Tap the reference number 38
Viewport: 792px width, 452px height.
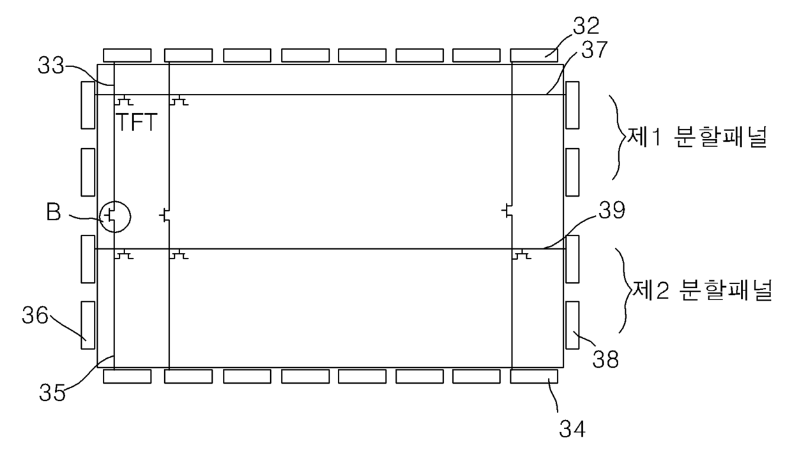point(605,359)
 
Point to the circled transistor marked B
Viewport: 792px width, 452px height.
point(114,217)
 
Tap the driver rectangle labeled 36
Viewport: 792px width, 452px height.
point(88,325)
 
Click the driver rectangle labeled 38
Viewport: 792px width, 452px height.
point(572,325)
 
